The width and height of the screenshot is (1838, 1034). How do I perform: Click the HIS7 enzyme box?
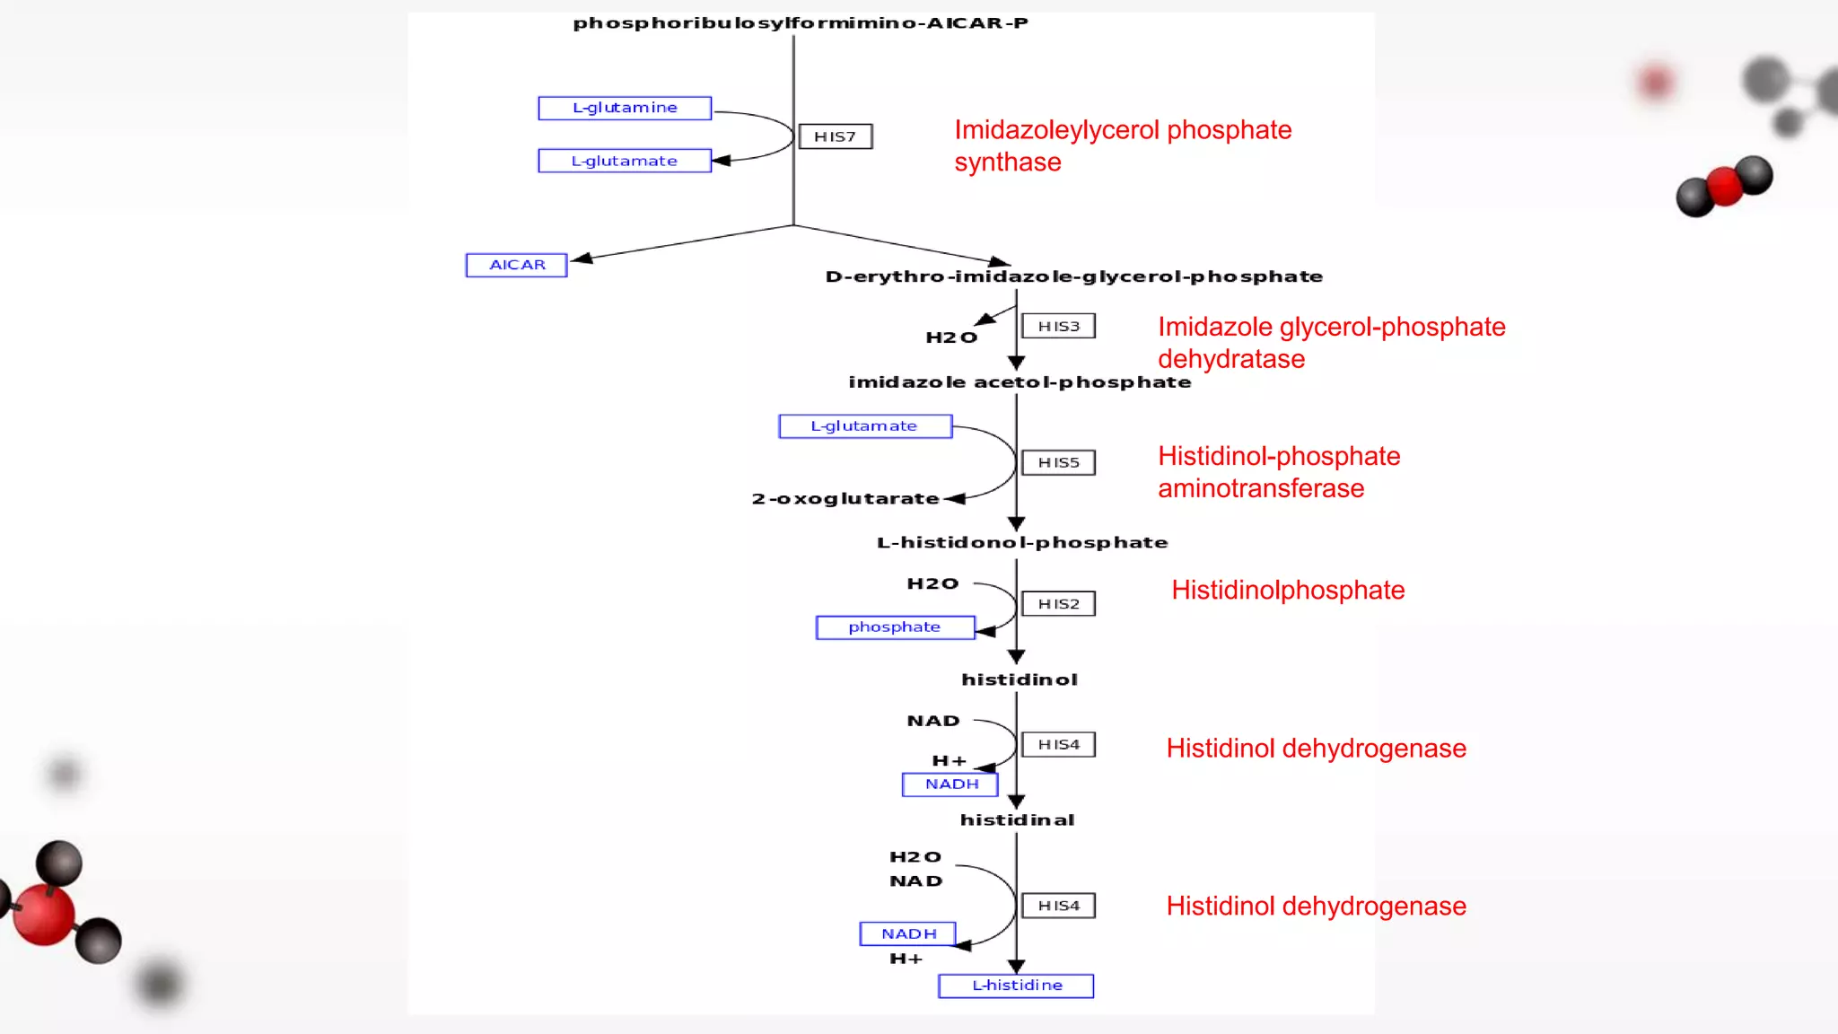click(835, 136)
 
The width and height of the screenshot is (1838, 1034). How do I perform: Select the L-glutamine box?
click(625, 108)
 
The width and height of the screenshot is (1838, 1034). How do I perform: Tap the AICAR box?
click(517, 265)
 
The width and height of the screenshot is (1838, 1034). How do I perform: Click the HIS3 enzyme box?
click(1058, 326)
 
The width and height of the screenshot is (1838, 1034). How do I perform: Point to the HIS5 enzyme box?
click(1058, 462)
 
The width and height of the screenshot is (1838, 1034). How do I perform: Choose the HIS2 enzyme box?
click(1058, 604)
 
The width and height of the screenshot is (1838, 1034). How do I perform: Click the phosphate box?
click(895, 627)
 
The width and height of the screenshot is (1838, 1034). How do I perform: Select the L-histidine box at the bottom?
click(1016, 986)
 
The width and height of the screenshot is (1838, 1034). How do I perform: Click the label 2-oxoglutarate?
click(845, 499)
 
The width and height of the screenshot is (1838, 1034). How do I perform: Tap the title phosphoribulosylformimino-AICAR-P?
click(801, 23)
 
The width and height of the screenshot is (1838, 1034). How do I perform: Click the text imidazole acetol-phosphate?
click(1020, 382)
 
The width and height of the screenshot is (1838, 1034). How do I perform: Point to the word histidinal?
click(1017, 820)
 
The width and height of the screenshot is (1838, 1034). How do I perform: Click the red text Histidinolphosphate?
click(1287, 591)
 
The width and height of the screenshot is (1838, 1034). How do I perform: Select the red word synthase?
click(1007, 162)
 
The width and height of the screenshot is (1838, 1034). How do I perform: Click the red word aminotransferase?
click(1260, 488)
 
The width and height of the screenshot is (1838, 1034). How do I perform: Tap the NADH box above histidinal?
click(950, 784)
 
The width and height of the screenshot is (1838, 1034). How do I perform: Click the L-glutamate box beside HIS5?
click(864, 426)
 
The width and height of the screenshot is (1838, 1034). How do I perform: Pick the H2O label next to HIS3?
click(951, 337)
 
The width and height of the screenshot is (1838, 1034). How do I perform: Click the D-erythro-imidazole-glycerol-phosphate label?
click(1073, 276)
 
